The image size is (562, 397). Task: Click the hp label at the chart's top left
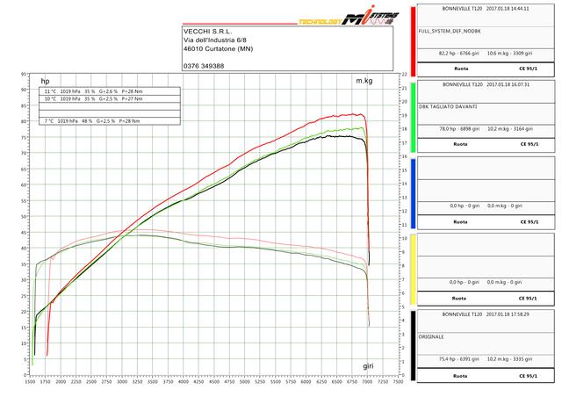tap(46, 81)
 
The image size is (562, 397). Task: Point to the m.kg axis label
tap(364, 81)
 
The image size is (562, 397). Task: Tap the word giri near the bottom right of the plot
tap(368, 365)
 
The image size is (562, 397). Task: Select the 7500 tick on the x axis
tap(398, 382)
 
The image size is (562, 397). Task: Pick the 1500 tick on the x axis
tap(30, 382)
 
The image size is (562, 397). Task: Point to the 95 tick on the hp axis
tap(24, 75)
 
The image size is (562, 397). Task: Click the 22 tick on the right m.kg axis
tap(402, 75)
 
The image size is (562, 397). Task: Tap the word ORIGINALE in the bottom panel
tap(431, 336)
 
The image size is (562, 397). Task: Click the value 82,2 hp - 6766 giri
tap(453, 52)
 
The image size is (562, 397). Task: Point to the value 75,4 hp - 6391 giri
tap(453, 359)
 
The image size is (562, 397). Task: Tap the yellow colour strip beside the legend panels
tap(412, 269)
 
